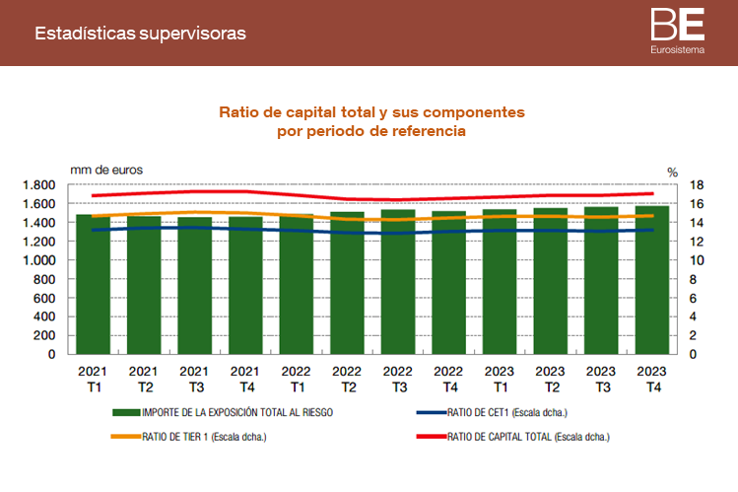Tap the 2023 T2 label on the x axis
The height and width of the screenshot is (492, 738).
(x=551, y=379)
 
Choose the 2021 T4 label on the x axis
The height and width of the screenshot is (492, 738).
(x=245, y=379)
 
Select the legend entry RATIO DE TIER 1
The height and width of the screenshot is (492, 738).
(x=204, y=436)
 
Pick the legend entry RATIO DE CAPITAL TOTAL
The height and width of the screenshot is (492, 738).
(x=527, y=436)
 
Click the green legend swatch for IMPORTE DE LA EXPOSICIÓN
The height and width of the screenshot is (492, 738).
(x=125, y=412)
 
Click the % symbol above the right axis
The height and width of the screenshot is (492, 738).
(x=672, y=172)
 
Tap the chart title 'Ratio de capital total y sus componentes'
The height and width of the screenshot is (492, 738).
(x=371, y=112)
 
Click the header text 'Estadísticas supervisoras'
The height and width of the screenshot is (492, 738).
(x=140, y=34)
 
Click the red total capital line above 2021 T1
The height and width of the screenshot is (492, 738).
(x=93, y=195)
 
